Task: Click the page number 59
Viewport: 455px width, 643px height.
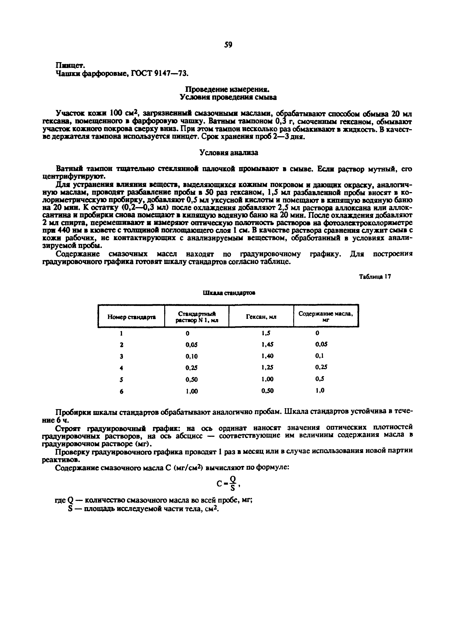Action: (x=228, y=45)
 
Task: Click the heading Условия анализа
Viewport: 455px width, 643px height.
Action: (x=228, y=153)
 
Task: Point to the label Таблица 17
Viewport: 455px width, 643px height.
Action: (x=375, y=277)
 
